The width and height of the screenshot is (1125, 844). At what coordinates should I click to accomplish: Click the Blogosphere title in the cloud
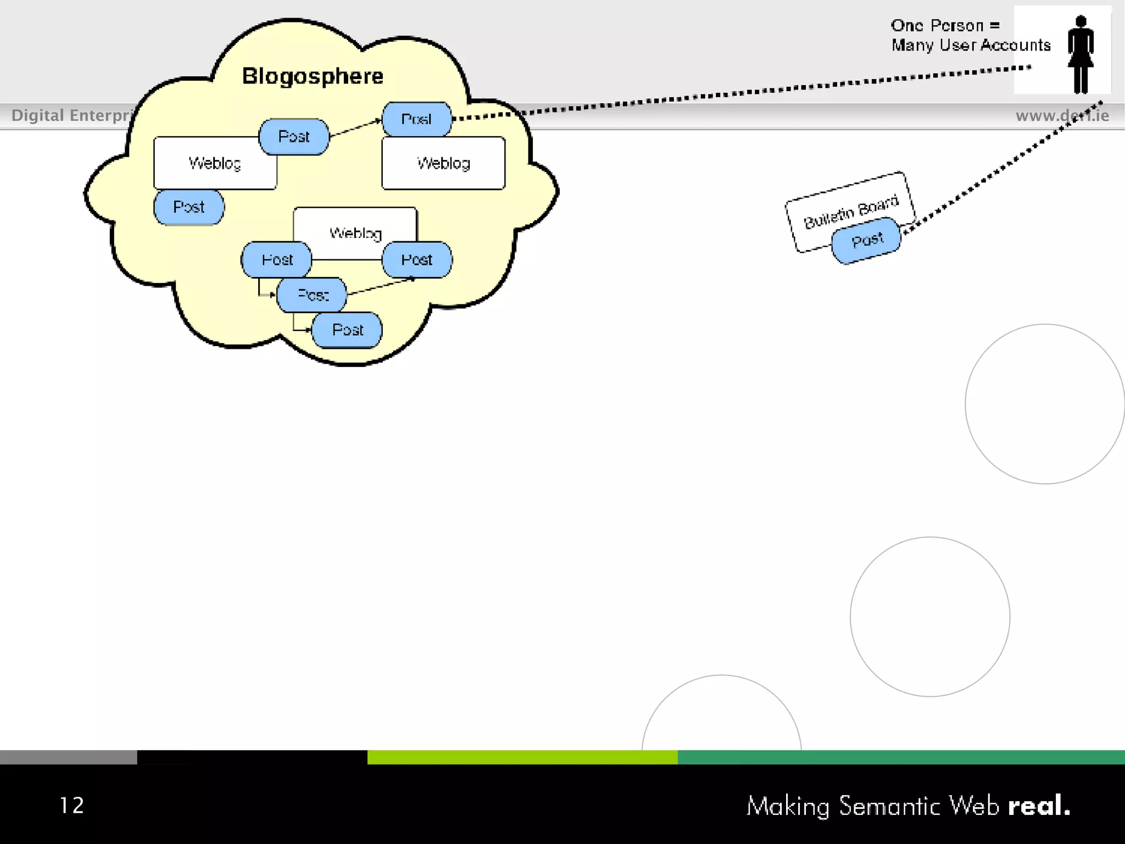tap(313, 76)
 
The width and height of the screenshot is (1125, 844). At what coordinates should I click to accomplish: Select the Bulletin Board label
tap(851, 212)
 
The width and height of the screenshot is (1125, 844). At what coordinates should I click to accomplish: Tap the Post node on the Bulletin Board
tap(867, 240)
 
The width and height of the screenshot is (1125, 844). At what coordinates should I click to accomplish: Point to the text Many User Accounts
tap(971, 45)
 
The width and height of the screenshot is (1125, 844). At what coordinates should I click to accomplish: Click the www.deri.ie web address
tap(1062, 115)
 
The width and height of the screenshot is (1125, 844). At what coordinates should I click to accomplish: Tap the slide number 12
tap(71, 806)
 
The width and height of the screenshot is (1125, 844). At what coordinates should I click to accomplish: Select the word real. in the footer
tap(1039, 806)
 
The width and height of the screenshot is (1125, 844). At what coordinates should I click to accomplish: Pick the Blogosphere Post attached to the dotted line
tap(416, 119)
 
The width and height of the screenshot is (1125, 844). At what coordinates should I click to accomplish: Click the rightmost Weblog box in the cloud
tap(443, 163)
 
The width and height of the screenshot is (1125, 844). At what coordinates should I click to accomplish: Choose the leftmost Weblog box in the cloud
tap(215, 163)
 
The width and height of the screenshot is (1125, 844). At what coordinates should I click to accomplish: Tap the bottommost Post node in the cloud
tap(347, 330)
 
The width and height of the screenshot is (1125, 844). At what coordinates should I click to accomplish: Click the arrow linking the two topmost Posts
tap(355, 127)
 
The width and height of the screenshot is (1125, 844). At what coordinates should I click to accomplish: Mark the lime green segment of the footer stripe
tap(522, 757)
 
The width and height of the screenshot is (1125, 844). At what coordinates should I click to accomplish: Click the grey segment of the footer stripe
tap(68, 757)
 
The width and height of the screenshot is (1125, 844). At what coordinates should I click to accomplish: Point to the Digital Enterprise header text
tap(71, 115)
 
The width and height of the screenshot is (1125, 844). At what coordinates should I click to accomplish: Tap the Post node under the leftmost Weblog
tap(188, 207)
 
